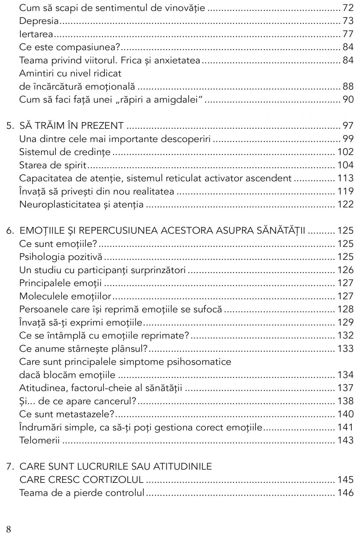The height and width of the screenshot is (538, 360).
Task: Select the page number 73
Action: point(348,21)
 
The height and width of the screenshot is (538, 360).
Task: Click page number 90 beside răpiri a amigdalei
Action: point(348,100)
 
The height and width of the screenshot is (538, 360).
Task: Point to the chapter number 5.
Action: point(10,126)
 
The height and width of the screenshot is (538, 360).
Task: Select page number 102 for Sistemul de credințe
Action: point(345,152)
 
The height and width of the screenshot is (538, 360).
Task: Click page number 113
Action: point(345,178)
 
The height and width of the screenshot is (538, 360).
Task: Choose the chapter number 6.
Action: point(10,231)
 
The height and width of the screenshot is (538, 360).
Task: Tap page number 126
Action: point(345,270)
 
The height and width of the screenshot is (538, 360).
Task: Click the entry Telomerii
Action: point(39,440)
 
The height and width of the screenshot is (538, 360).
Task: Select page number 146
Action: point(345,493)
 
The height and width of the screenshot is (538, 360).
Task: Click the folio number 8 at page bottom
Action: point(9,530)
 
